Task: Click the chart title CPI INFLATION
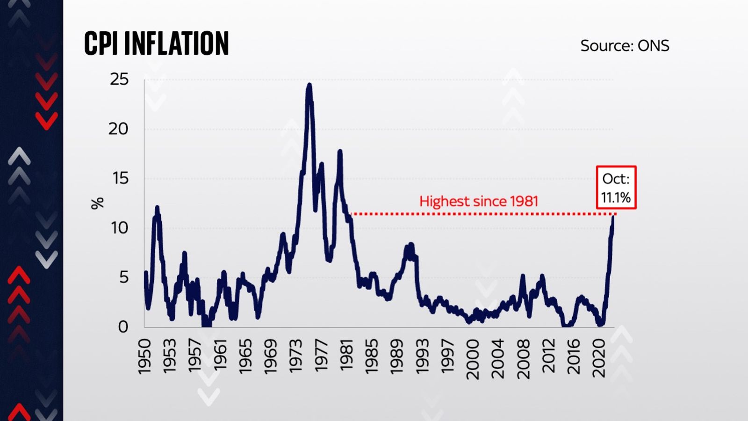pyautogui.click(x=156, y=44)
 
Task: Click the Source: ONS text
pyautogui.click(x=625, y=46)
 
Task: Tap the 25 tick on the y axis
pyautogui.click(x=119, y=79)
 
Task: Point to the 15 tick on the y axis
pyautogui.click(x=119, y=178)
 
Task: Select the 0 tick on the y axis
pyautogui.click(x=123, y=327)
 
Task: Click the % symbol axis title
pyautogui.click(x=97, y=203)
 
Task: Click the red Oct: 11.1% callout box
pyautogui.click(x=616, y=188)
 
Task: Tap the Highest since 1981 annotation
pyautogui.click(x=478, y=201)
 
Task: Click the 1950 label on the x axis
pyautogui.click(x=145, y=356)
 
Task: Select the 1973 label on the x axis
pyautogui.click(x=296, y=356)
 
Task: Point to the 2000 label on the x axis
pyautogui.click(x=473, y=359)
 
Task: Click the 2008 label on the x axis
pyautogui.click(x=523, y=359)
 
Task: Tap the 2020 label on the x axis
pyautogui.click(x=599, y=358)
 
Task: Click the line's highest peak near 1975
pyautogui.click(x=309, y=86)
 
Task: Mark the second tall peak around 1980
pyautogui.click(x=340, y=152)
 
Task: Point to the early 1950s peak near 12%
pyautogui.click(x=157, y=207)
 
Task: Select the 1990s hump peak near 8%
pyautogui.click(x=410, y=245)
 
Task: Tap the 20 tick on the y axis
pyautogui.click(x=118, y=129)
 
